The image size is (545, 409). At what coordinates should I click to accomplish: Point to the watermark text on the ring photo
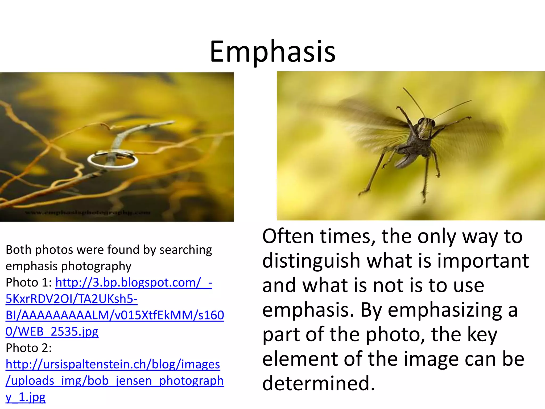88,212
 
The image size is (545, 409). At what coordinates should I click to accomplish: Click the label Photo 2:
29,348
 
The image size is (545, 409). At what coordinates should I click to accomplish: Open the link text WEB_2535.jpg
52,332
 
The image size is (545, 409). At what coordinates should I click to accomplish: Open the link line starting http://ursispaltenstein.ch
113,364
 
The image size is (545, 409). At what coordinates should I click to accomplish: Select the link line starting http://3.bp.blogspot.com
134,283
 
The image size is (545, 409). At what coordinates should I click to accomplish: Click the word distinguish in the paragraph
311,261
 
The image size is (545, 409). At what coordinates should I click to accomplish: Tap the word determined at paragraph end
319,383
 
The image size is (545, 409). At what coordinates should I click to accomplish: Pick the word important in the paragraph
483,261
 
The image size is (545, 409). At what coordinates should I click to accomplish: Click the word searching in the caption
185,250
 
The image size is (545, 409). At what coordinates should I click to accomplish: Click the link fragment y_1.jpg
26,397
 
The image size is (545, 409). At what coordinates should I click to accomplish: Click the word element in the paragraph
299,359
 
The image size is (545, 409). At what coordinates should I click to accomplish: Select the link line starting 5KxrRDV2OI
71,299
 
